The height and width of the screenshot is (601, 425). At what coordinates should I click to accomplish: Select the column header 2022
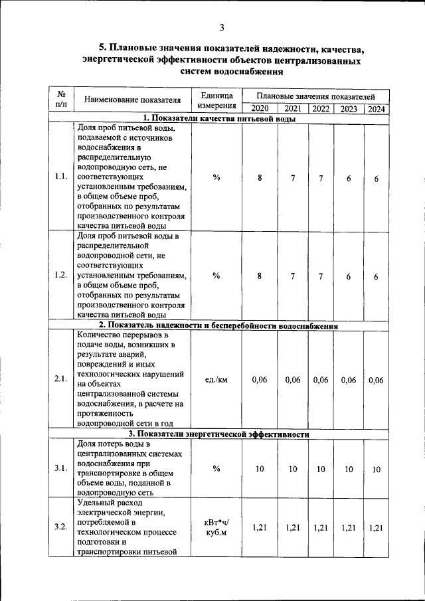coord(321,109)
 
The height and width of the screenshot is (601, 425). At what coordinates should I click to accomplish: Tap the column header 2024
coord(377,109)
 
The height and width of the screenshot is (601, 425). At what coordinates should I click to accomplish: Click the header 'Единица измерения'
coord(216,100)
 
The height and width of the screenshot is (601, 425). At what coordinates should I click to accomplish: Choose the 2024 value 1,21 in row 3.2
coord(376,527)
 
